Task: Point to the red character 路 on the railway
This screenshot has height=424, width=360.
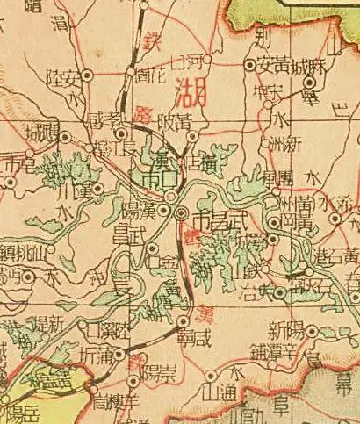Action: coord(144,114)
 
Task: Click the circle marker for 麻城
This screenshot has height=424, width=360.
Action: coord(308,83)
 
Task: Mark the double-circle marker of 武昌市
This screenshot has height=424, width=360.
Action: coord(181,213)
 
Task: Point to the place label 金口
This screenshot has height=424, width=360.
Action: coord(163,261)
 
